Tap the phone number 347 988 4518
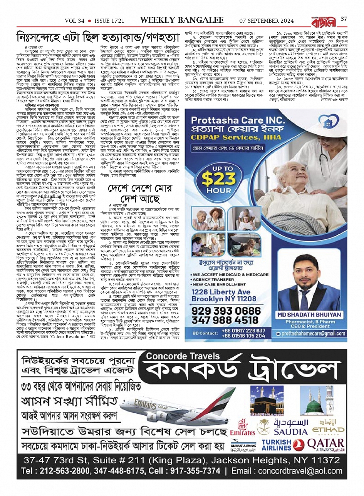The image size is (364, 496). [x=231, y=320]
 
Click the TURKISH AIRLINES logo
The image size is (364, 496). [x=276, y=445]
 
